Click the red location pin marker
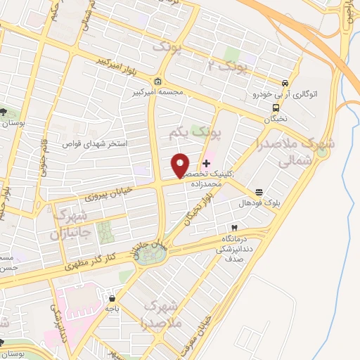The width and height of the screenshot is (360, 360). tap(181, 165)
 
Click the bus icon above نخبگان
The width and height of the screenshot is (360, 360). tap(276, 108)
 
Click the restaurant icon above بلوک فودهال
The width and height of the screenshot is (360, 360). tap(259, 192)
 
